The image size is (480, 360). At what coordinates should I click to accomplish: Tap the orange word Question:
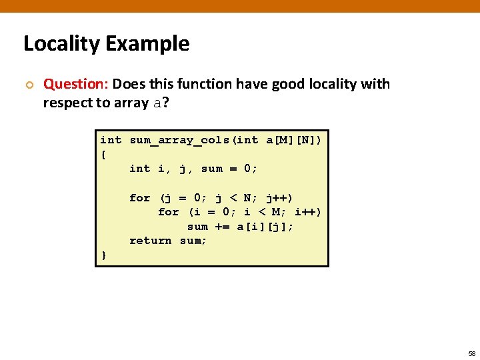coord(75,85)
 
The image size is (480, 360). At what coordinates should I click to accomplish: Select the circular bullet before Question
coord(28,85)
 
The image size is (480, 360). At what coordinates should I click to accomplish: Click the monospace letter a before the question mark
coord(157,103)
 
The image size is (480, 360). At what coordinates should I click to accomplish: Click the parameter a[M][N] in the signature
coord(294,140)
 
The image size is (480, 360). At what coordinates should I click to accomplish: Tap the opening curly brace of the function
coord(103,154)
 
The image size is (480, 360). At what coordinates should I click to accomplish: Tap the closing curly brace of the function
coord(103,255)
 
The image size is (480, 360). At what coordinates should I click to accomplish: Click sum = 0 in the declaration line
coord(229,169)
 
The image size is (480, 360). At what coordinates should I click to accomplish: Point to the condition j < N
coord(229,197)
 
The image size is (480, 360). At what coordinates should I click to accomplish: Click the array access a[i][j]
coord(265,227)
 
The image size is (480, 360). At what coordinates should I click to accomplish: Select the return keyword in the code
coord(151,241)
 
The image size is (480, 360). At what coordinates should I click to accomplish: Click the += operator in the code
coord(222,227)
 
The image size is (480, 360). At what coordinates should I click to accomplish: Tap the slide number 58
coord(471,353)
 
